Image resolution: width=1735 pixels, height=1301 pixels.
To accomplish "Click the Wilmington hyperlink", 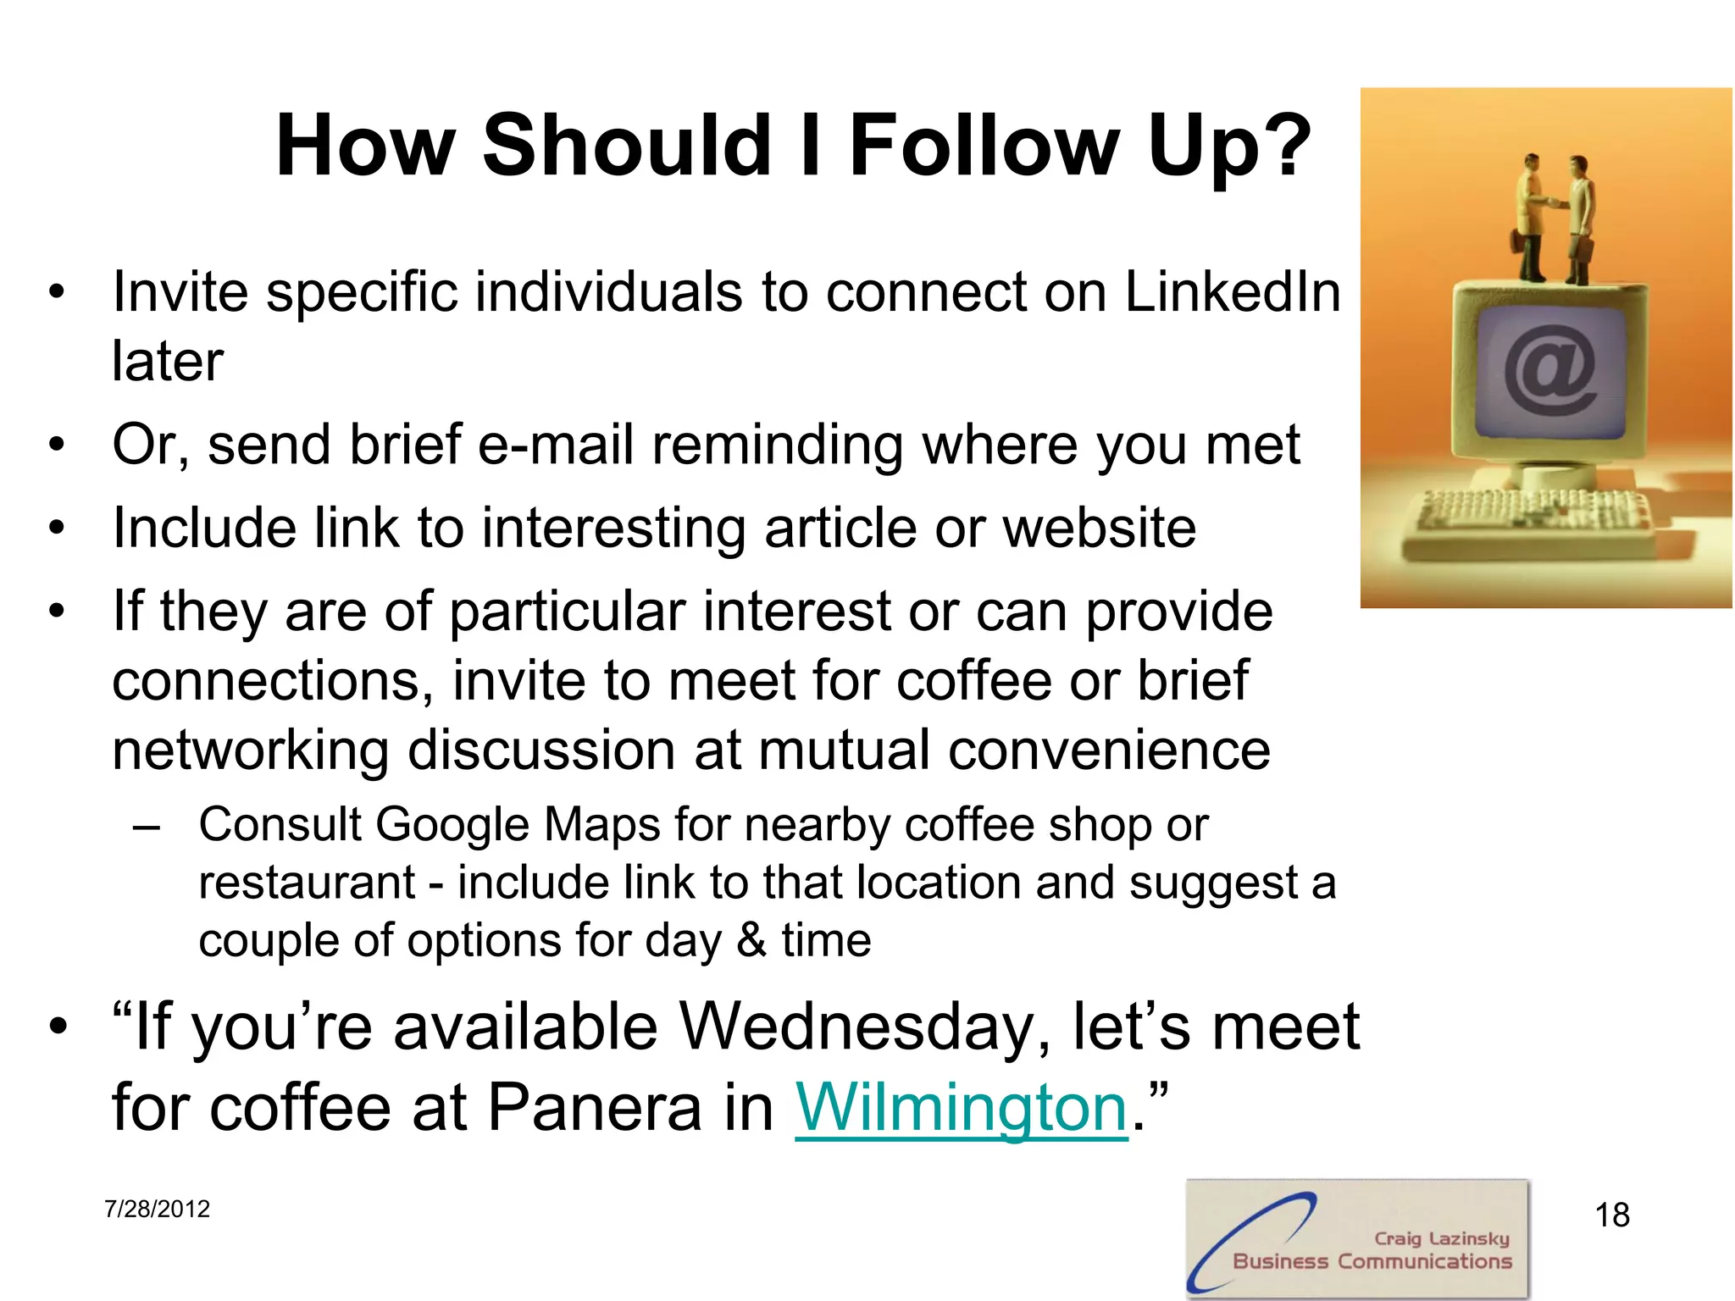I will coord(961,1108).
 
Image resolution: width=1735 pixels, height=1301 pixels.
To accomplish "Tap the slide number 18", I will coord(1611,1215).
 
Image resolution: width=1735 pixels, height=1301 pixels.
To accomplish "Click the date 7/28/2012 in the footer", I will coord(157,1209).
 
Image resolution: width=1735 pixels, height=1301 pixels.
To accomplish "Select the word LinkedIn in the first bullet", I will coord(1233,292).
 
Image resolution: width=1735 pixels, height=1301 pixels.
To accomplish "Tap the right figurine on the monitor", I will coord(1579,220).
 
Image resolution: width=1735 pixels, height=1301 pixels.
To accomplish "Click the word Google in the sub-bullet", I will coord(452,824).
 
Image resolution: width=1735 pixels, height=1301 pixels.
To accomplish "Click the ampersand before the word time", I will coord(751,940).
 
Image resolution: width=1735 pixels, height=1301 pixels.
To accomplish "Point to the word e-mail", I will coord(556,445).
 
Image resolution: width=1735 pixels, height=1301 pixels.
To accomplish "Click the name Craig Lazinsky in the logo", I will coord(1441,1238).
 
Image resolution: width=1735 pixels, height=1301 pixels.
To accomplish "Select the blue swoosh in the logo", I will coord(1245,1237).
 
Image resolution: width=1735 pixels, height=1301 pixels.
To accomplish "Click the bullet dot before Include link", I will coord(57,528).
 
